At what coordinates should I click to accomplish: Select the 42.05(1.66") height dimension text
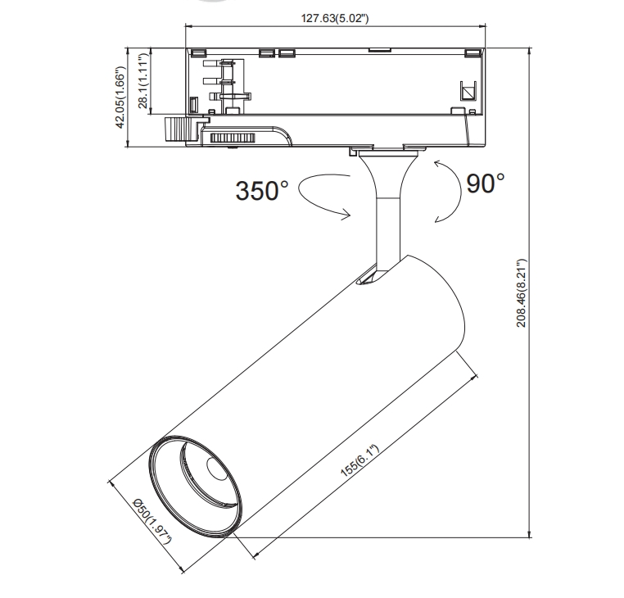click(121, 98)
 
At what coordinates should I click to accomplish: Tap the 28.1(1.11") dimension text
click(144, 80)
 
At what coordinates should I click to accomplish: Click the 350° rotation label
click(262, 191)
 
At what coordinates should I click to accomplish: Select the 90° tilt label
click(486, 183)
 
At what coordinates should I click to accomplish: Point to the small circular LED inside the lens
click(218, 469)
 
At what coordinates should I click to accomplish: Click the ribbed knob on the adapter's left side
click(176, 129)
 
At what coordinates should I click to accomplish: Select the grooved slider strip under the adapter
click(233, 138)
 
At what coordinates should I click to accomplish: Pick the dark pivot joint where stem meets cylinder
click(368, 279)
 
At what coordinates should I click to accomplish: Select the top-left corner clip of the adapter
click(197, 53)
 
